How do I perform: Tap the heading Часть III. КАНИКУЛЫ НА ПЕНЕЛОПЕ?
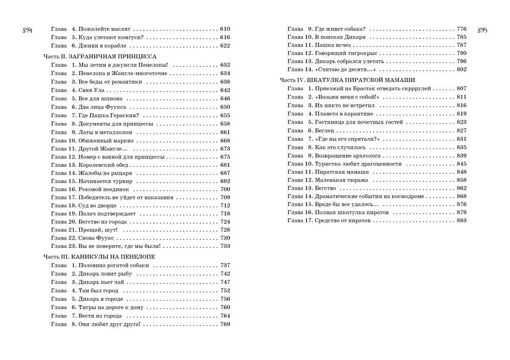tap(99, 256)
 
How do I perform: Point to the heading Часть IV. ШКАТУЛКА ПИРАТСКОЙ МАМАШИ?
tap(347, 80)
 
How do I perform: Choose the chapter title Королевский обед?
tap(99, 165)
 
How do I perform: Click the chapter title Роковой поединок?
tap(99, 189)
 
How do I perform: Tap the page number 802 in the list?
tap(462, 69)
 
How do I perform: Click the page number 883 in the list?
tap(462, 220)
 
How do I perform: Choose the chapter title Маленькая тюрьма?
tap(336, 181)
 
